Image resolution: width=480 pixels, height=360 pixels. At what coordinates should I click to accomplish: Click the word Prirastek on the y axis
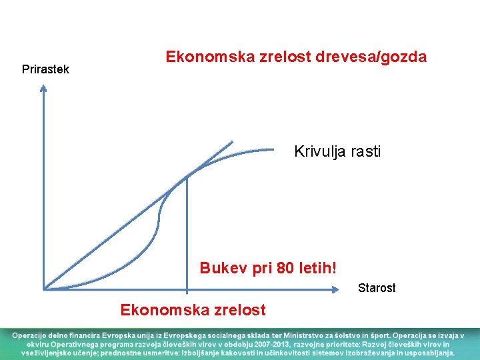(45, 69)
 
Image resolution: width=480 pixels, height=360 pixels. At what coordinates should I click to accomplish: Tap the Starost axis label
(377, 288)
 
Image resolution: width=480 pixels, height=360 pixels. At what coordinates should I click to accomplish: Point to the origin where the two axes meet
(43, 289)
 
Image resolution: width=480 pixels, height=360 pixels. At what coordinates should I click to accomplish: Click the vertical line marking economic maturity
(187, 233)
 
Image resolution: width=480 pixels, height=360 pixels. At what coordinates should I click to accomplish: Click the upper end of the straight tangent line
(232, 141)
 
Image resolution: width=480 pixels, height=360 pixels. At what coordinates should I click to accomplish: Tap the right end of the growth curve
(273, 149)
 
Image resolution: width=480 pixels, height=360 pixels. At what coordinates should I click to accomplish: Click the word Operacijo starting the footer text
(29, 334)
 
